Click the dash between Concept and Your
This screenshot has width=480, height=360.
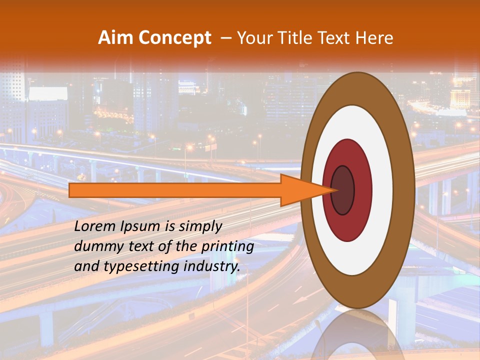tap(225, 38)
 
